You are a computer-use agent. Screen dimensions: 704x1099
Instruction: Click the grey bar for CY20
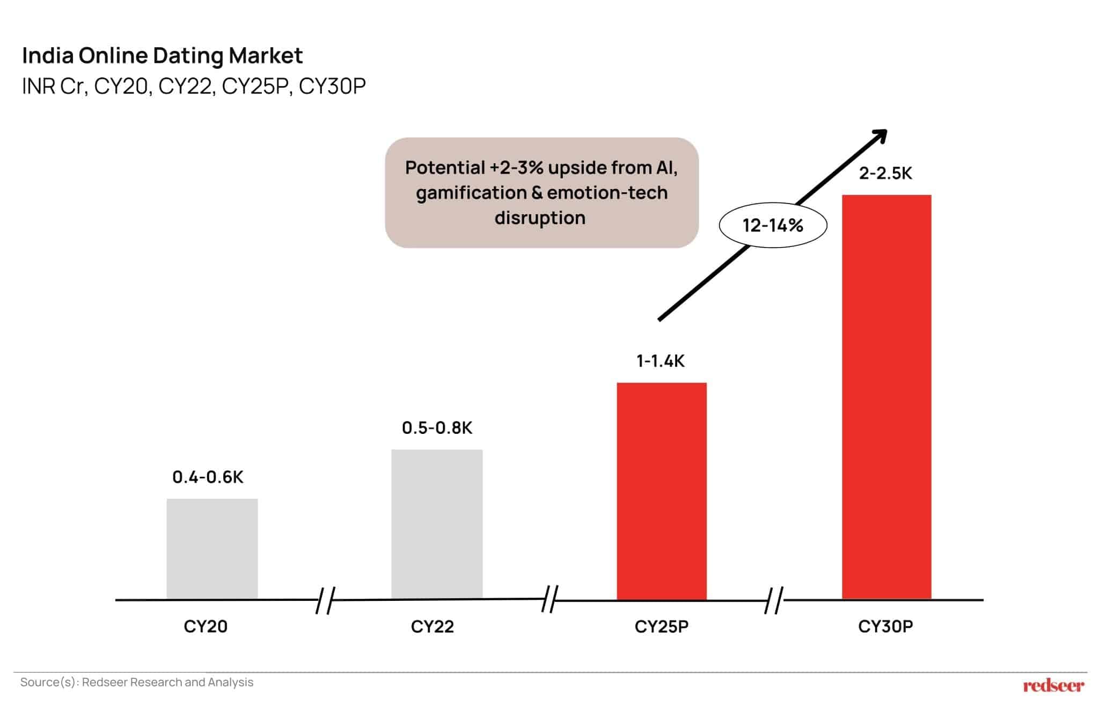click(212, 549)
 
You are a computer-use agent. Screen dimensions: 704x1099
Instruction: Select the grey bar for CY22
click(437, 524)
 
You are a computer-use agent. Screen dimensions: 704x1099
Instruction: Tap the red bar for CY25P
click(662, 491)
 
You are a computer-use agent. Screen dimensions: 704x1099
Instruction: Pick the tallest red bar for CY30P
click(886, 397)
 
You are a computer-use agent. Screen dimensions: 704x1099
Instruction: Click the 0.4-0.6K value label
click(208, 477)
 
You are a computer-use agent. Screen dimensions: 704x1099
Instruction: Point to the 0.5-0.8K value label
click(437, 427)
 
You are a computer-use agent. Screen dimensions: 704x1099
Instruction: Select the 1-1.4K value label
click(661, 361)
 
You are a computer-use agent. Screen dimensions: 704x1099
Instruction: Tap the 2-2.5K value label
click(885, 173)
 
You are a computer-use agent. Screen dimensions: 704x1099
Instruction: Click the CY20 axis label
click(206, 626)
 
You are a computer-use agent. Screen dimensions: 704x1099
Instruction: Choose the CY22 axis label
click(433, 626)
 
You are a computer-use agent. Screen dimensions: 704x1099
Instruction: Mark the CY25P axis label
click(661, 626)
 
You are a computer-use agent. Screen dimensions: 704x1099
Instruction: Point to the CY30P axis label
click(885, 626)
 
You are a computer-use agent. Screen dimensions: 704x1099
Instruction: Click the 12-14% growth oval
click(773, 226)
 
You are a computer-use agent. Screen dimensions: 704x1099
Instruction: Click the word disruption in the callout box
click(540, 217)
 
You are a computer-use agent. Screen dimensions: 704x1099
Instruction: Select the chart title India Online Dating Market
click(162, 55)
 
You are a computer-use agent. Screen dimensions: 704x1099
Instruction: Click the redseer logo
click(1053, 685)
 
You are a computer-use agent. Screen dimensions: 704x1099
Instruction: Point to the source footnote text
click(137, 682)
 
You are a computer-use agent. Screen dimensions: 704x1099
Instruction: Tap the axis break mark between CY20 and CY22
click(325, 600)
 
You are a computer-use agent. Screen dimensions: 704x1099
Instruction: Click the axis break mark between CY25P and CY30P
click(774, 600)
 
